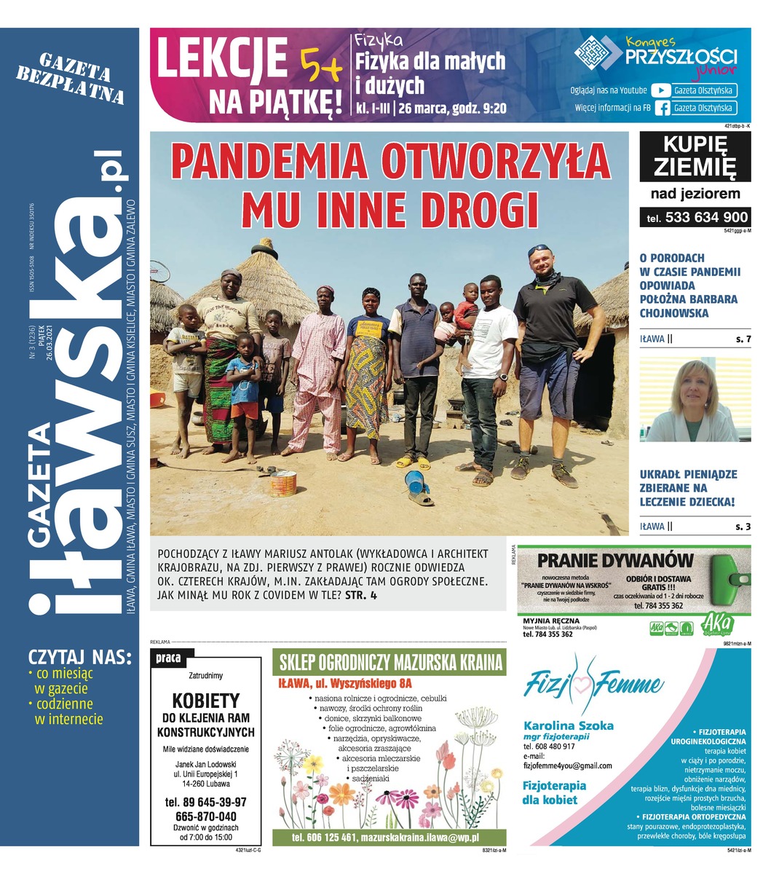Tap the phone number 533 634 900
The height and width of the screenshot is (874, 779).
tap(706, 217)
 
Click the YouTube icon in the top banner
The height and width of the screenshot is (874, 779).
tap(660, 90)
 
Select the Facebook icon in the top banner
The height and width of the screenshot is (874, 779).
tap(662, 108)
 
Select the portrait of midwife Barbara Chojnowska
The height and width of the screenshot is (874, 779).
tap(695, 401)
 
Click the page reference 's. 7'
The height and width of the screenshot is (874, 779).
tap(743, 339)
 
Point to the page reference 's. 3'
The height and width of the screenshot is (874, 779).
tap(743, 526)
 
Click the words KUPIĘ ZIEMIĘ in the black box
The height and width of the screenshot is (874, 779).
tap(695, 157)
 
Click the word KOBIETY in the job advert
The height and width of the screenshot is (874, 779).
tap(205, 701)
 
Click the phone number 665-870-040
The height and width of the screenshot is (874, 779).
tap(206, 816)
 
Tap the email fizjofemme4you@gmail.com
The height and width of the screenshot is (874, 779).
tap(568, 765)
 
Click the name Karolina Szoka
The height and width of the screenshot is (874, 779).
tap(569, 725)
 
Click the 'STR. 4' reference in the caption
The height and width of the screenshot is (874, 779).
tap(360, 596)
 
